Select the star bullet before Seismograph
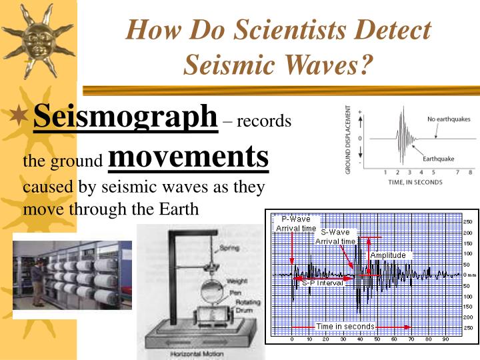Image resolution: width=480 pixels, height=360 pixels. pos(22,118)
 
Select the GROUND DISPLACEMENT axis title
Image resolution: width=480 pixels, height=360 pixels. pos(349,140)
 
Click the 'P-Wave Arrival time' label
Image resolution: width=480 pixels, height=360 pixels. pos(297,223)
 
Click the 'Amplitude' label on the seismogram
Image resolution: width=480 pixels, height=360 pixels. pos(388,255)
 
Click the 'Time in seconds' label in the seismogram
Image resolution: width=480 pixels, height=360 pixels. pos(345,327)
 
